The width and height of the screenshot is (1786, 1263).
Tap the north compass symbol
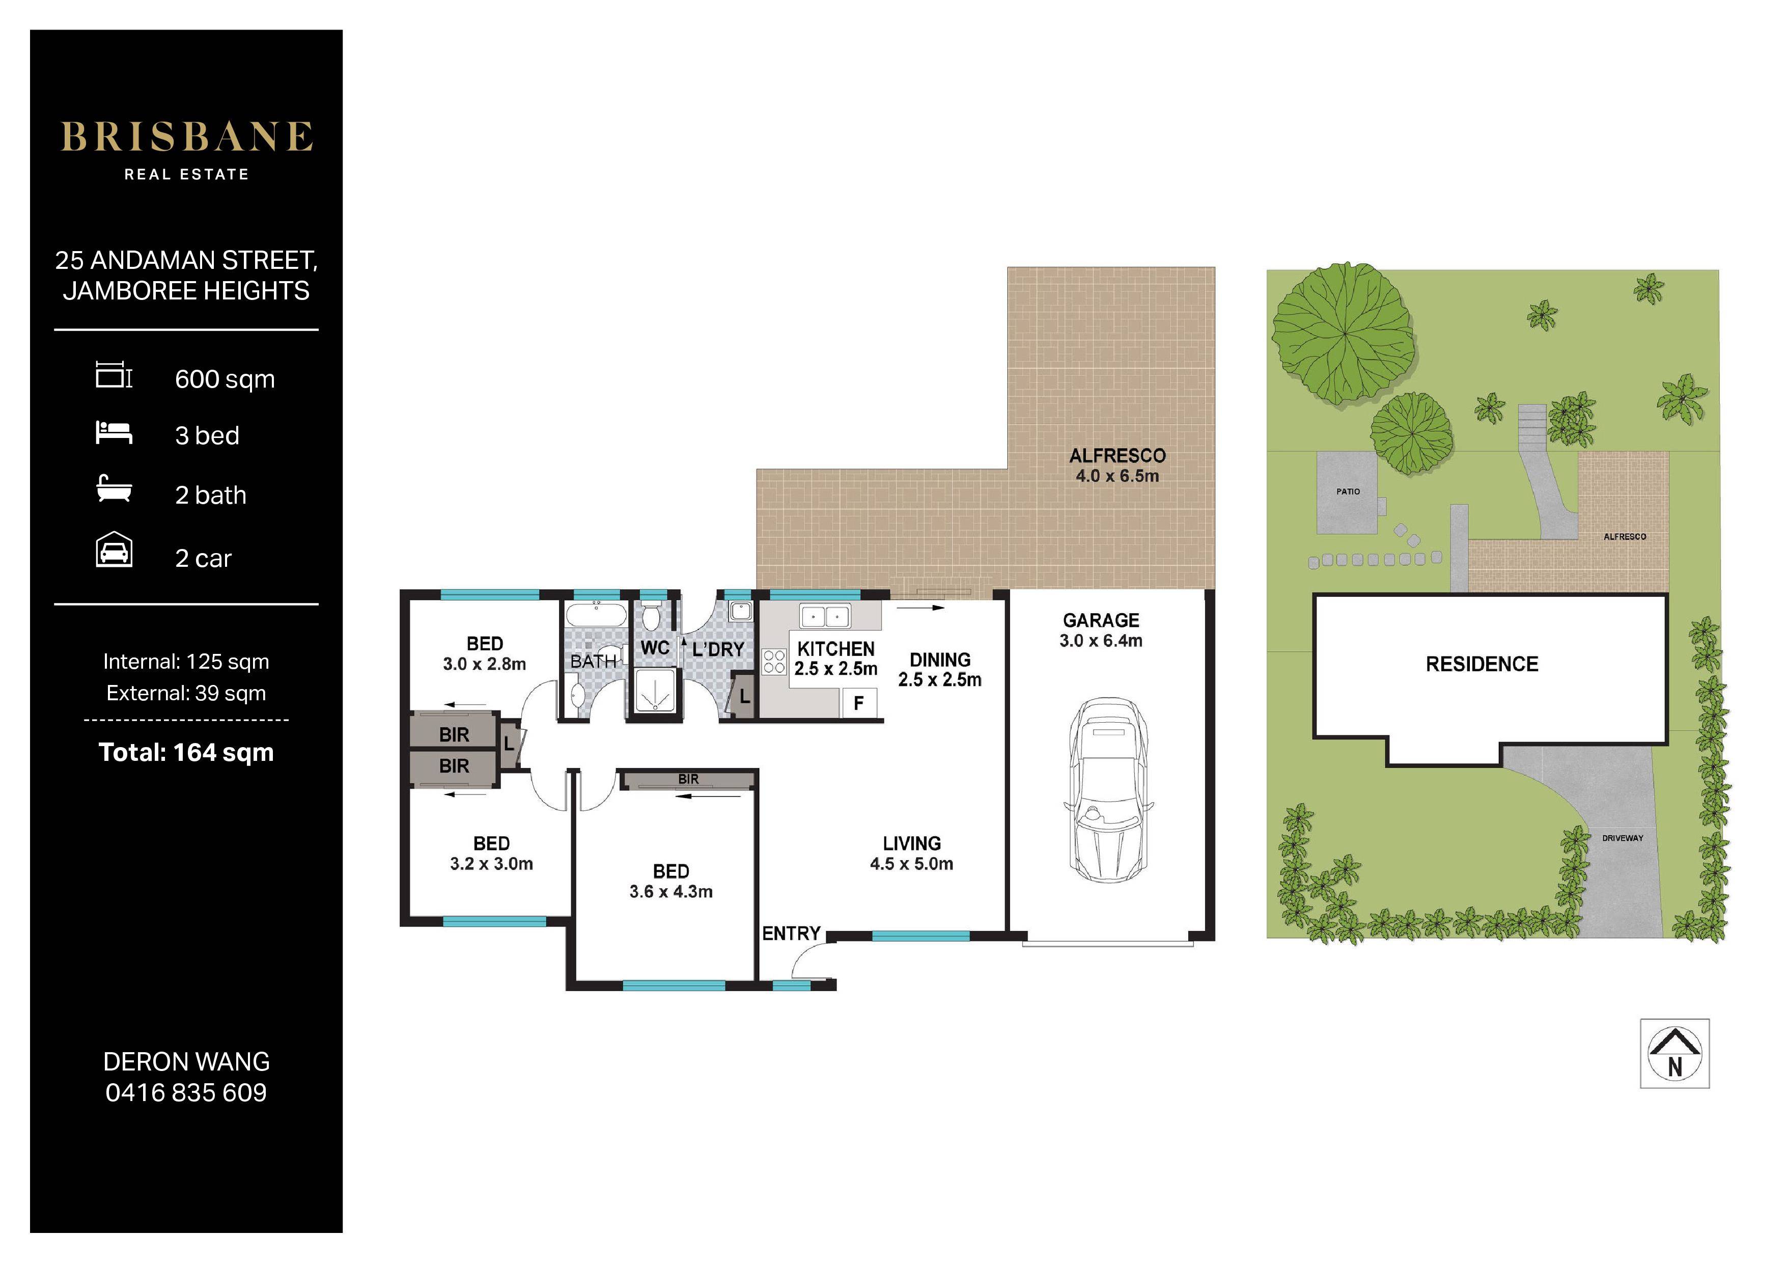1675,1053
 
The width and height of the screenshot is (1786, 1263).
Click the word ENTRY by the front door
791,933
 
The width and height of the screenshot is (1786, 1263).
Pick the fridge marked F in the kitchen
859,703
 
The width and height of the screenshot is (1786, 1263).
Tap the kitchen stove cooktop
774,662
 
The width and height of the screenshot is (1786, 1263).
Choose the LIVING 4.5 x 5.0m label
912,853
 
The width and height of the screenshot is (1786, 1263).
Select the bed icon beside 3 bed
114,433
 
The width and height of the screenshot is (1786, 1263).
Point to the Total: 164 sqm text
187,753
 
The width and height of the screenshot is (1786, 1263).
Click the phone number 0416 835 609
187,1092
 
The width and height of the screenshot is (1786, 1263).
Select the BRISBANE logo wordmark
187,137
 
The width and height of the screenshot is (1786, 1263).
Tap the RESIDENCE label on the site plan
1482,664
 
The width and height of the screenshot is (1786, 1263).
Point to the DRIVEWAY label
1623,838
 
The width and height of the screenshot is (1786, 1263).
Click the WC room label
655,648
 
